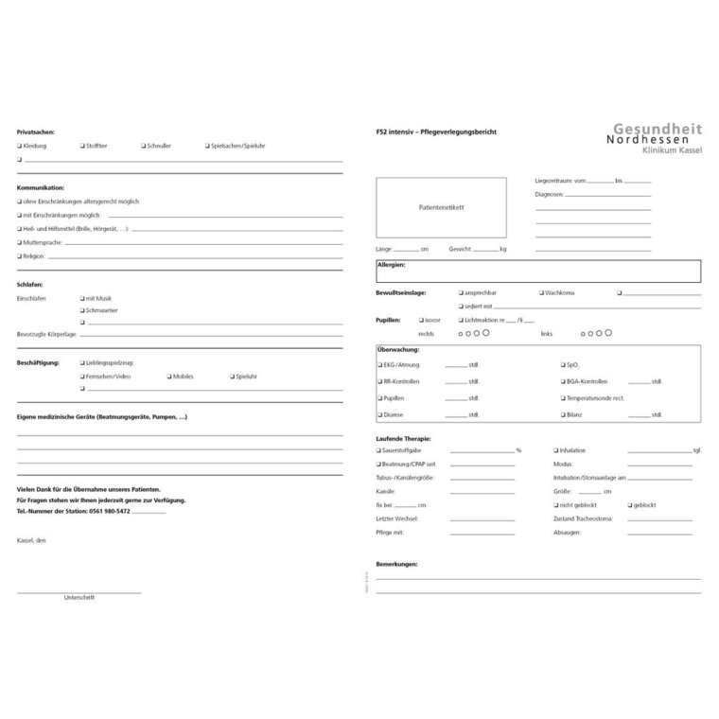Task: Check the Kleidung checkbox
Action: click(x=19, y=147)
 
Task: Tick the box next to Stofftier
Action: click(x=83, y=147)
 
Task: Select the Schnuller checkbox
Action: click(x=143, y=147)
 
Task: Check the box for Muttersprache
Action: click(x=19, y=242)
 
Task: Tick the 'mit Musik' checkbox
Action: click(x=83, y=297)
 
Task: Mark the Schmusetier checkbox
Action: click(x=83, y=309)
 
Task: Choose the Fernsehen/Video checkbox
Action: click(x=83, y=376)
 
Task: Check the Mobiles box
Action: click(x=169, y=376)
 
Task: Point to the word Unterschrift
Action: click(x=79, y=597)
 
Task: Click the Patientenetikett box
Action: click(x=441, y=207)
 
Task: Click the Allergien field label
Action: click(x=391, y=266)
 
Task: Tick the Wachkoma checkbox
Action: click(x=542, y=293)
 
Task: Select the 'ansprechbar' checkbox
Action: click(x=461, y=293)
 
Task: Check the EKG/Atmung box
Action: click(x=380, y=364)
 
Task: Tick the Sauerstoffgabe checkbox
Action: click(x=378, y=450)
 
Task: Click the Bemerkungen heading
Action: click(x=396, y=564)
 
